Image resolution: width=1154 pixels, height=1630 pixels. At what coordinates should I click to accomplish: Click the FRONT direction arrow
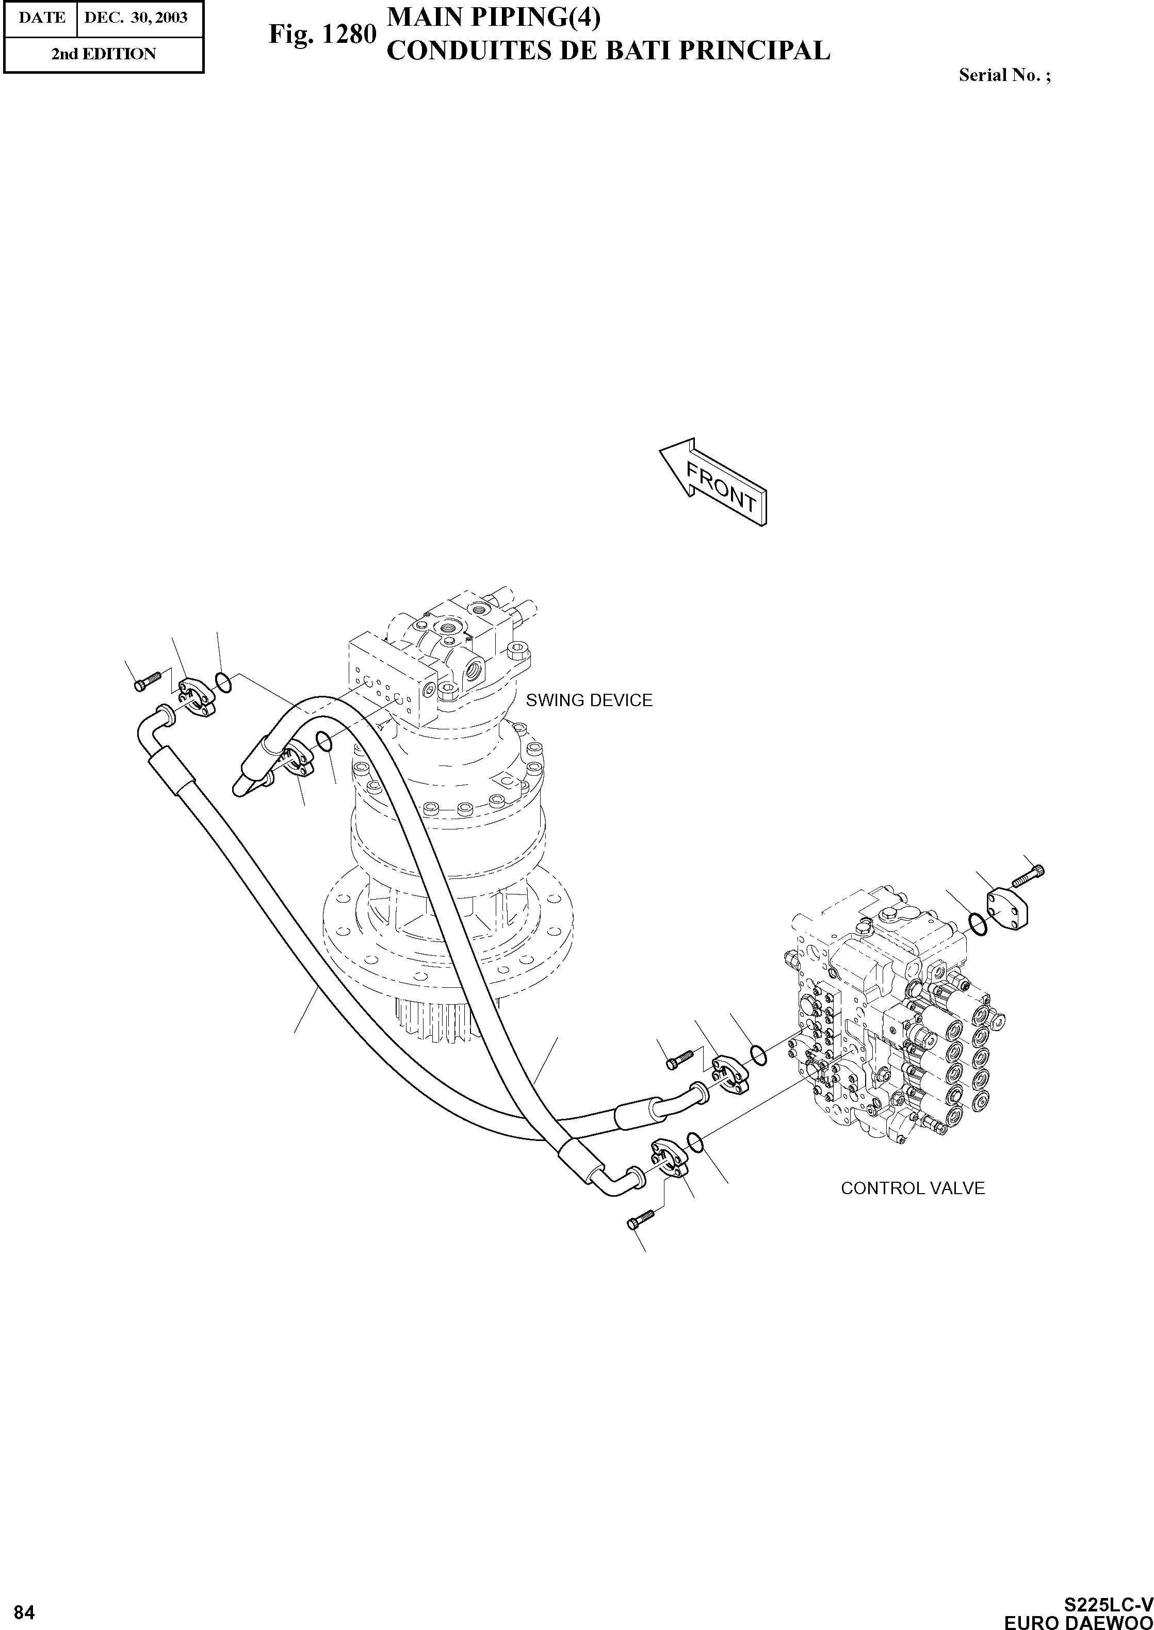click(x=713, y=482)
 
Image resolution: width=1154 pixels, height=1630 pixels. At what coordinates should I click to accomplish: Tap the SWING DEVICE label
click(x=589, y=700)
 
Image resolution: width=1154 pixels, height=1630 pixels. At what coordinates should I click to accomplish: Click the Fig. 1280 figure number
click(x=321, y=34)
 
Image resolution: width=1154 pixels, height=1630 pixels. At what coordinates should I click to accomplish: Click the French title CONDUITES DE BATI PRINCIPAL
click(x=608, y=51)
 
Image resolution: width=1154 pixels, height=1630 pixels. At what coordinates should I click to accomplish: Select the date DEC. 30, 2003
click(x=136, y=18)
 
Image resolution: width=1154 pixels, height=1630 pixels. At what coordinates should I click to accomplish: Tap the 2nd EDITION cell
click(x=103, y=54)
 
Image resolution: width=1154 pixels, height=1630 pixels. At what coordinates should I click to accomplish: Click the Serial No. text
click(x=1004, y=75)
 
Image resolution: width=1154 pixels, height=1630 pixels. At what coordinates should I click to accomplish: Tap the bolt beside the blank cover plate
click(x=1028, y=875)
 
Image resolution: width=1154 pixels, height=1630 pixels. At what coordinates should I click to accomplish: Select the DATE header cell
click(x=41, y=18)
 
